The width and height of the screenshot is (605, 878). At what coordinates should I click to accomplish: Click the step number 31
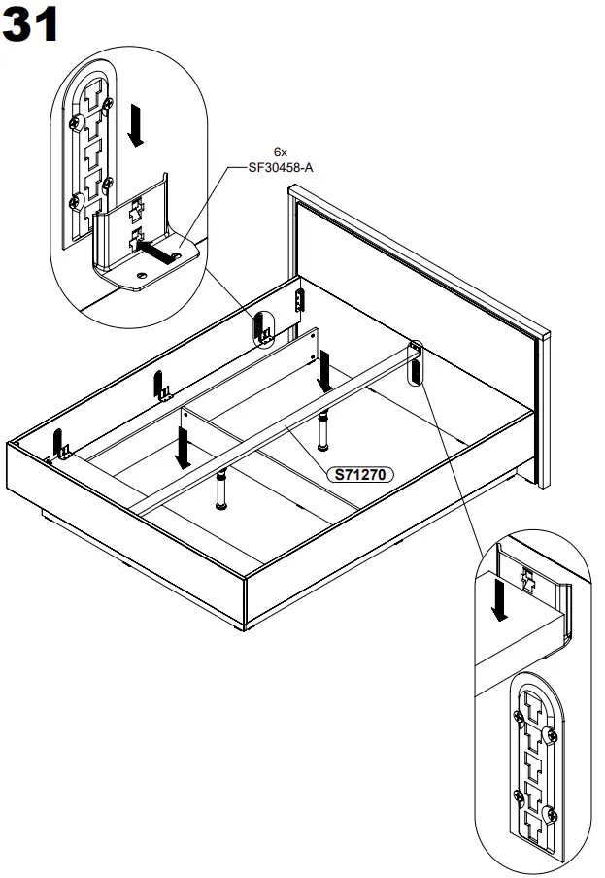coord(31,26)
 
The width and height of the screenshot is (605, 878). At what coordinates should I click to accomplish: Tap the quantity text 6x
coord(282,152)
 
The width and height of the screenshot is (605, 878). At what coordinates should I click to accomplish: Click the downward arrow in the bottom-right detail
coord(500,599)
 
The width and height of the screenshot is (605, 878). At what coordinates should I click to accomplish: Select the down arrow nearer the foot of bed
coord(182,448)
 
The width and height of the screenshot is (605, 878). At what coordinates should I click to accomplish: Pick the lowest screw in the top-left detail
coord(77,201)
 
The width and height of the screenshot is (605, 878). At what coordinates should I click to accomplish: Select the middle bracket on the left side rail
coord(161,387)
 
